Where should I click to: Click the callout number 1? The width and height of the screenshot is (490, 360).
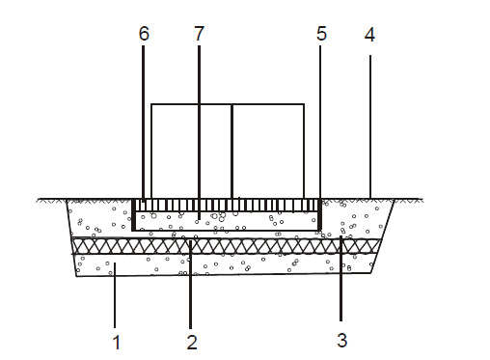117,342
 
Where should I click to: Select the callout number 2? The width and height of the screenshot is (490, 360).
192,342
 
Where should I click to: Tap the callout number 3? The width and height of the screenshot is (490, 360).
342,340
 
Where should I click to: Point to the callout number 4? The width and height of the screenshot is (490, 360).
369,35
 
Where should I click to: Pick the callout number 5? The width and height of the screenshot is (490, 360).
321,34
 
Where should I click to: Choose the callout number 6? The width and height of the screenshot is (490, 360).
144,34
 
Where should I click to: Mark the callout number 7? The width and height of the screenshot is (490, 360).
200,34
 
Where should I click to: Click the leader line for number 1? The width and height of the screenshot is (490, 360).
115,295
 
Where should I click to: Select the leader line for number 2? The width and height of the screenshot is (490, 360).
191,285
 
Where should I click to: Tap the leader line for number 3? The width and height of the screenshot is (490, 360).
340,278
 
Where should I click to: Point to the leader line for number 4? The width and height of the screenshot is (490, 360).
370,126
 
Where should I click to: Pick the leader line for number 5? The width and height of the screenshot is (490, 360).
320,123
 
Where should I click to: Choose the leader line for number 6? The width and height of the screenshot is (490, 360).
144,125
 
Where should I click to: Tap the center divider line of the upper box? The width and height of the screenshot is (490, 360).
231,152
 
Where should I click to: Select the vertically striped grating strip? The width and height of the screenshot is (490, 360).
227,206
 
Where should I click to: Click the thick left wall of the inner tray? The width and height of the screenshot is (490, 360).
133,214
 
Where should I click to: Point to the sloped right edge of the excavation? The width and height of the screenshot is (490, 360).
383,236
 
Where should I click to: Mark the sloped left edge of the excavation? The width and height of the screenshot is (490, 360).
71,238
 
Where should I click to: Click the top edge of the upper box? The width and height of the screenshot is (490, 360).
228,104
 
